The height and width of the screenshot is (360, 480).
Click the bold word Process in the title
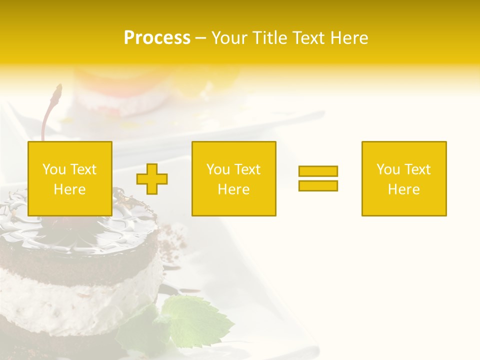coord(157,38)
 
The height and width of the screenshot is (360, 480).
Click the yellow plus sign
coord(152,178)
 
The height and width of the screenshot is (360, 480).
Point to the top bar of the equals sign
coord(318,171)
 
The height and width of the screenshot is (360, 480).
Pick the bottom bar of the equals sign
coord(318,185)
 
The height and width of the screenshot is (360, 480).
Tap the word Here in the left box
coord(69,189)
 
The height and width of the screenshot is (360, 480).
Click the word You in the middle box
coord(218,169)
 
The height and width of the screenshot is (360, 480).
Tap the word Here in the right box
coord(403,189)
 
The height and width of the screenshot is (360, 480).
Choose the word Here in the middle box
coord(233,189)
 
